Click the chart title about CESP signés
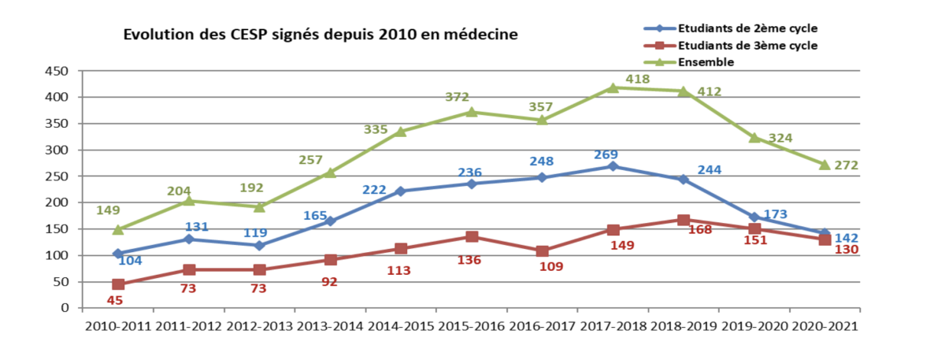click(x=320, y=35)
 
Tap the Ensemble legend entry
click(x=707, y=61)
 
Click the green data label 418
click(x=638, y=80)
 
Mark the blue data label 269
click(x=606, y=154)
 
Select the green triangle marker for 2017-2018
click(x=613, y=87)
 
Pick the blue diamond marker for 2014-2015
click(x=401, y=191)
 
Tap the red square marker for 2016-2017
click(x=542, y=251)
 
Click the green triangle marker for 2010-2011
click(x=118, y=229)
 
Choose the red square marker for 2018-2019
click(x=684, y=220)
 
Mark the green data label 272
click(x=846, y=165)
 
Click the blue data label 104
click(x=131, y=259)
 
